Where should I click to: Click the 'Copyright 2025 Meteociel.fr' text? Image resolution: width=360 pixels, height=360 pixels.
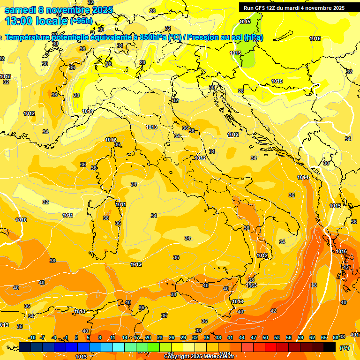[x=199, y=357]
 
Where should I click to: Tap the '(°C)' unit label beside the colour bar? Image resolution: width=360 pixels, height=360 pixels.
[x=345, y=347]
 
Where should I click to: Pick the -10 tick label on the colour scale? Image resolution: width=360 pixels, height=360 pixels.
[x=32, y=337]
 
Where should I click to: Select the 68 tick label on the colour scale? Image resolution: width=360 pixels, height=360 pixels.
[x=336, y=337]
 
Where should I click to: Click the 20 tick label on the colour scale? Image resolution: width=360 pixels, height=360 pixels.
[x=148, y=337]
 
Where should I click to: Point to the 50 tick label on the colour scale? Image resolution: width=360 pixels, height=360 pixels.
[x=265, y=337]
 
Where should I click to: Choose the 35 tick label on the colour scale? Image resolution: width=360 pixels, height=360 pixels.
[x=207, y=337]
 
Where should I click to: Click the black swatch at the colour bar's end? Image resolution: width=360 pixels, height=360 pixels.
[x=330, y=347]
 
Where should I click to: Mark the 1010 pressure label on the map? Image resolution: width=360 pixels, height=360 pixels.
[x=21, y=220]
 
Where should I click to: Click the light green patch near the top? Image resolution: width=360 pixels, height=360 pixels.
[x=251, y=42]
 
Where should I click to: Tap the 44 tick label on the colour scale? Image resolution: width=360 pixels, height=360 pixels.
[x=242, y=337]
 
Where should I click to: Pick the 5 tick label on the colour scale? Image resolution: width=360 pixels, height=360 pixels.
[x=88, y=337]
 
